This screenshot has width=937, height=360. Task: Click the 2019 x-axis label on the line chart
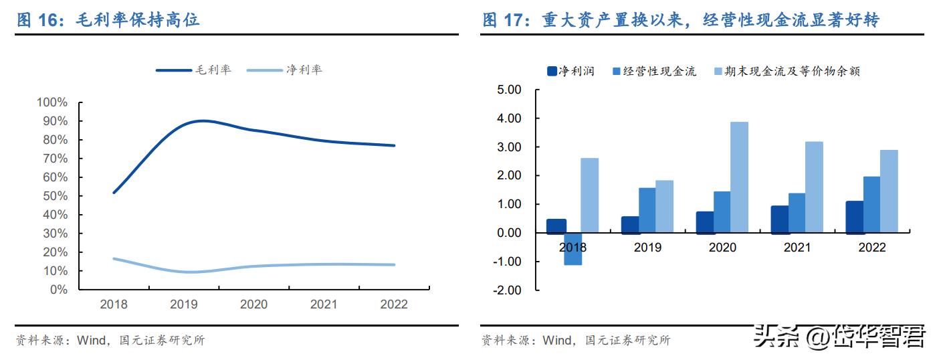184,304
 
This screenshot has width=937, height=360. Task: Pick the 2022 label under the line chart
393,304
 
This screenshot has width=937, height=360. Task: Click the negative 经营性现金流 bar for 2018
572,249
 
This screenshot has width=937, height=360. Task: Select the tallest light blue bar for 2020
739,177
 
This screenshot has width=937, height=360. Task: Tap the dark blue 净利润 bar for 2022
854,217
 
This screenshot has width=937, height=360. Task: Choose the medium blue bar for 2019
647,211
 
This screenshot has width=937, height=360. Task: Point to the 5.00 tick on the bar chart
509,90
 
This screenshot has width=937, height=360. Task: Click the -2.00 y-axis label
508,290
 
